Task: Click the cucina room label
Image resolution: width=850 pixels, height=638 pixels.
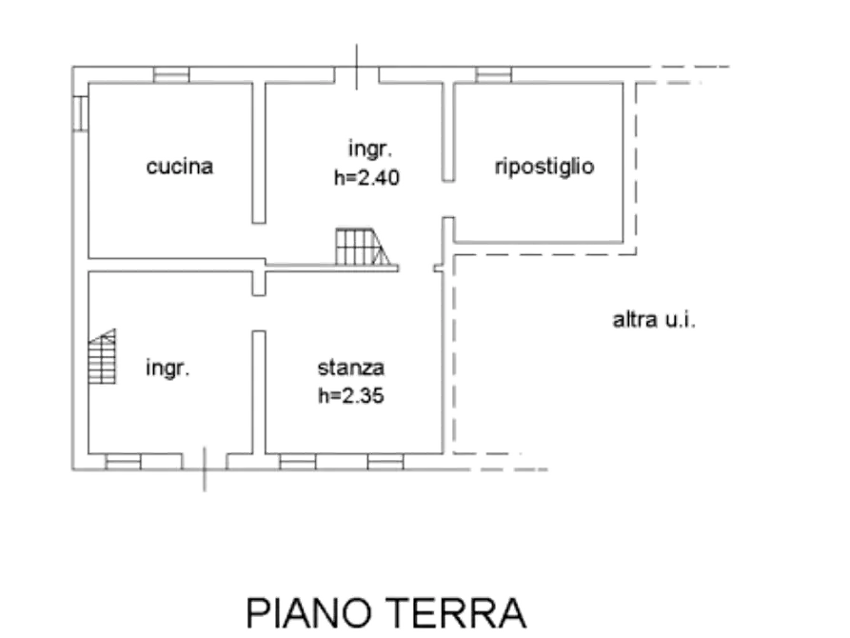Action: point(180,166)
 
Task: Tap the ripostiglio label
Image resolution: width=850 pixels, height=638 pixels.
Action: point(544,166)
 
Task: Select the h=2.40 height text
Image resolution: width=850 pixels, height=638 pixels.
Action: point(366,177)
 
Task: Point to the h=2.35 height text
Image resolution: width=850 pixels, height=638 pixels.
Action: point(350,395)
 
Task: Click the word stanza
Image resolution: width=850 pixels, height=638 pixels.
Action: point(350,368)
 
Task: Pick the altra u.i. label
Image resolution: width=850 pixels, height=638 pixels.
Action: point(654,320)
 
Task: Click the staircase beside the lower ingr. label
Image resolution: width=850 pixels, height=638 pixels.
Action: point(103,356)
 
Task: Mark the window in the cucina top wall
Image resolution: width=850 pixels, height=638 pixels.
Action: point(171,75)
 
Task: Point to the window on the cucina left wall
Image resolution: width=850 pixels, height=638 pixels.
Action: point(80,113)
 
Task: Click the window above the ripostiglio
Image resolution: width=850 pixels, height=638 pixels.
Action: point(493,75)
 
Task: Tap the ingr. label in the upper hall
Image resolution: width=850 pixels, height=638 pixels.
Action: point(370,150)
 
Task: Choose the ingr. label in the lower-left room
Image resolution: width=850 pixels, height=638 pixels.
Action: point(168,369)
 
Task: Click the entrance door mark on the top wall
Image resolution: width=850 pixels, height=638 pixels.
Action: point(356,67)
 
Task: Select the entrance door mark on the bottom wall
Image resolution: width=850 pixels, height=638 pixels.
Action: point(205,469)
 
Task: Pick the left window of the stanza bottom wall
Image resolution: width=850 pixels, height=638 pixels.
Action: point(298,462)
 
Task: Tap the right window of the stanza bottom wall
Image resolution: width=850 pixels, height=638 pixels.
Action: point(385,462)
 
